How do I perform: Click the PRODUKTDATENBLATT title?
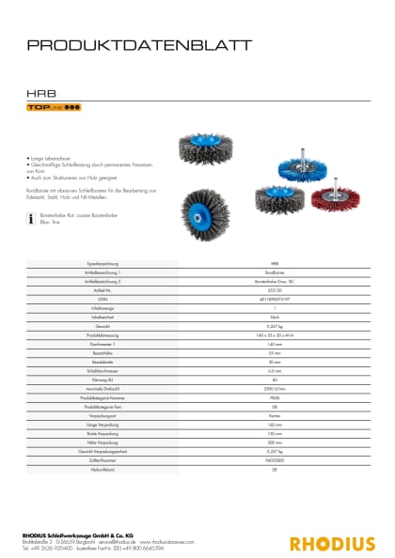pos(139,44)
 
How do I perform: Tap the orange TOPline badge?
pos(54,110)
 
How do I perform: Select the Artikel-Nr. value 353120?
pos(275,287)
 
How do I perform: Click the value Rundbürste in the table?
pos(275,271)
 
